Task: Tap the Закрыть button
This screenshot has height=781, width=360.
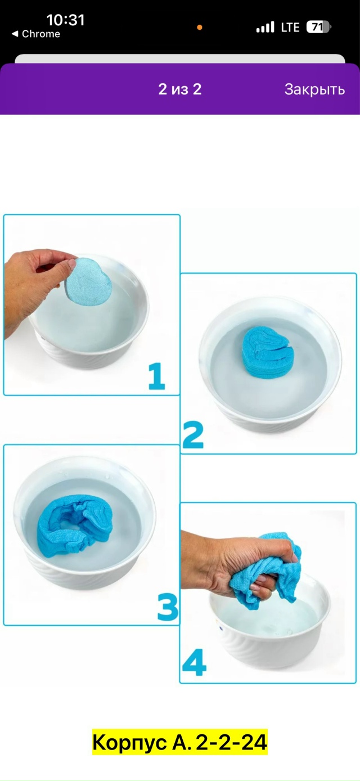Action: click(314, 89)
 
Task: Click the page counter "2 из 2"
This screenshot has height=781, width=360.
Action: click(180, 89)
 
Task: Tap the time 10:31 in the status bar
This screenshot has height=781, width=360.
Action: click(65, 20)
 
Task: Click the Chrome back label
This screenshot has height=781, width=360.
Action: click(36, 34)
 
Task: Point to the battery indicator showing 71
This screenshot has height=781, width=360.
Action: click(318, 27)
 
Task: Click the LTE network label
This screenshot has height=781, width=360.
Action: click(290, 27)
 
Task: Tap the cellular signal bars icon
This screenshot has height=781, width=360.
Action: click(265, 27)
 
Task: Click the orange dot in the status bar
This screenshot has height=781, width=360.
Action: click(200, 28)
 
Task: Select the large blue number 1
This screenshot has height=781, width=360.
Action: click(156, 376)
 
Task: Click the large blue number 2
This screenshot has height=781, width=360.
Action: click(193, 435)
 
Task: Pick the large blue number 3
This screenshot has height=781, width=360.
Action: click(168, 607)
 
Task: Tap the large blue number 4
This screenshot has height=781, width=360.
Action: click(194, 662)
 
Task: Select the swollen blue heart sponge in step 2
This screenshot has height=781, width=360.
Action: click(268, 352)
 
